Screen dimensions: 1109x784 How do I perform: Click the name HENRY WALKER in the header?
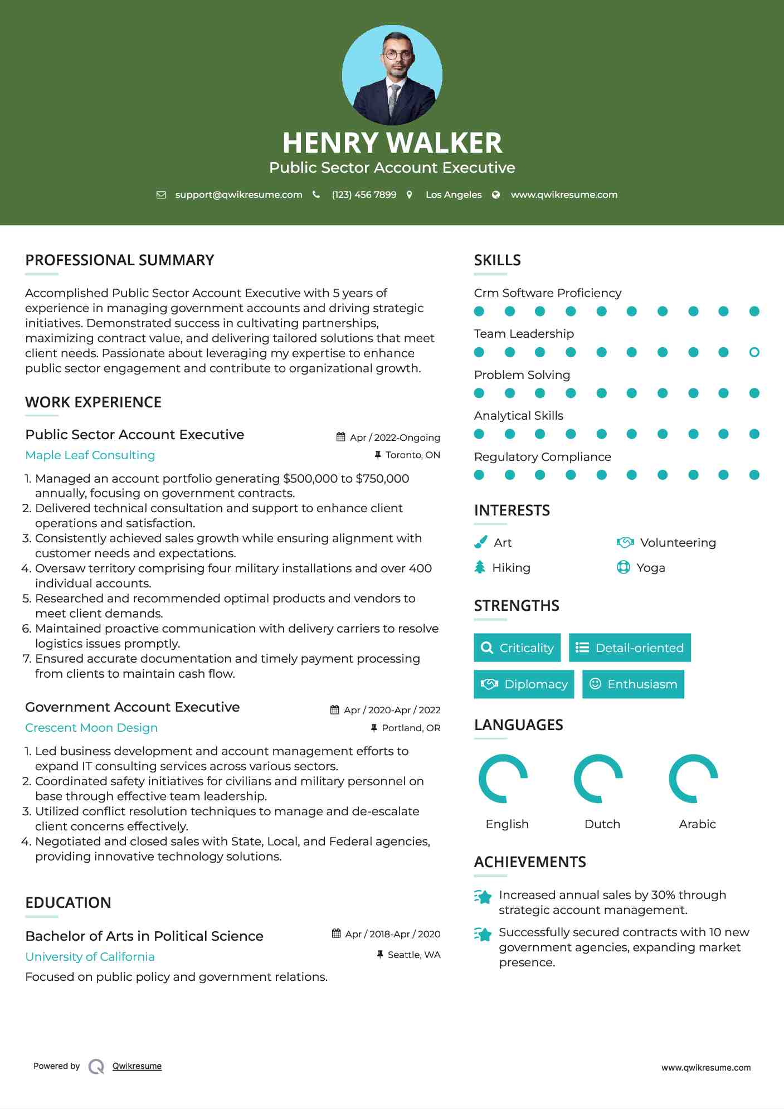point(392,143)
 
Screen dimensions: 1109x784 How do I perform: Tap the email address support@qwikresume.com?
point(238,194)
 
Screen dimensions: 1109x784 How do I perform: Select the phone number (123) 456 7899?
point(364,194)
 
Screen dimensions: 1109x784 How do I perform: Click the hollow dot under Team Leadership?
point(754,352)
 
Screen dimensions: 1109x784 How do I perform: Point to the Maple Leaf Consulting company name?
point(90,455)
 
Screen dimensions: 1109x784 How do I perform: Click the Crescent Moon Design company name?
point(91,728)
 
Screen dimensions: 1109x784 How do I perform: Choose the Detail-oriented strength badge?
point(630,648)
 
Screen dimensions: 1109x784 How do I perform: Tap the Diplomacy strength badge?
point(523,684)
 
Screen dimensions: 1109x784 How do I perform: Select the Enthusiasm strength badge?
point(633,684)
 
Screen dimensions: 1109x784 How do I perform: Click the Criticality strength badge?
point(517,648)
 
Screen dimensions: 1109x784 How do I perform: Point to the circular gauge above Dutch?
point(598,779)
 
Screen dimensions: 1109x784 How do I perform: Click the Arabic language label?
point(697,824)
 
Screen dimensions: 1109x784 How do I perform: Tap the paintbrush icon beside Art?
point(480,542)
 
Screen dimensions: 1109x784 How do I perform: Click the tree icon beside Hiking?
point(480,567)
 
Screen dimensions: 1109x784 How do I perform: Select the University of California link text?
point(90,957)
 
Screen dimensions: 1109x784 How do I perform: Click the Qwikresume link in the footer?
point(137,1066)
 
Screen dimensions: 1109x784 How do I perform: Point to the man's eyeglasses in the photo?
point(398,55)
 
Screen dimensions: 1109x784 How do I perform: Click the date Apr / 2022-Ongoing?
point(395,437)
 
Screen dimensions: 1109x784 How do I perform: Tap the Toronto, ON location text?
point(412,455)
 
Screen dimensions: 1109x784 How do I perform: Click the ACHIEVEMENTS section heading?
point(530,862)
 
